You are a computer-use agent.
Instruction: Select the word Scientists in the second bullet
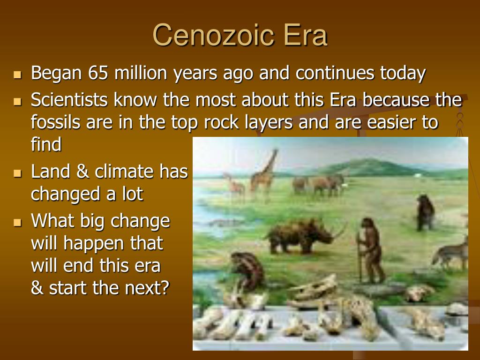(69, 100)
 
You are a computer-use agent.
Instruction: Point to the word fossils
(56, 122)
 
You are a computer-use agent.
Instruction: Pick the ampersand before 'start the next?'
(37, 288)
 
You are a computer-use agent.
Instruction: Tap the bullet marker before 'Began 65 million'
(18, 75)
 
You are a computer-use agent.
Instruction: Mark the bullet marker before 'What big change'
(18, 222)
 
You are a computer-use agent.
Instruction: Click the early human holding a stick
(370, 250)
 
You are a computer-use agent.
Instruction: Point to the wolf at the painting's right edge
(450, 253)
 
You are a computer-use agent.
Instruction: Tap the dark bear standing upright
(426, 212)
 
